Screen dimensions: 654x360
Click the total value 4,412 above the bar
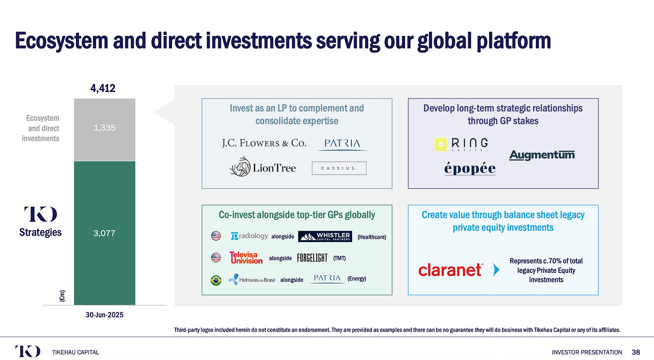(103, 88)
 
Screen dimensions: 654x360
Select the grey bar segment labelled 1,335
(104, 129)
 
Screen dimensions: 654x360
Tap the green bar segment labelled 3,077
(104, 233)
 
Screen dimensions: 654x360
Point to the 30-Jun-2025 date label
(104, 315)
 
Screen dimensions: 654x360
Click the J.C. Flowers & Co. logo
(264, 144)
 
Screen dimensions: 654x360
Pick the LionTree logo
(263, 167)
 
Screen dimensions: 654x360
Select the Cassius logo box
(339, 168)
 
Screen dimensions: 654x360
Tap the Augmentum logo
(542, 155)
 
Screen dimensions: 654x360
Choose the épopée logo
(470, 169)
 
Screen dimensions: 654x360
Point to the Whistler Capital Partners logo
(324, 237)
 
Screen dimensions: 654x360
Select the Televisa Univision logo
(246, 258)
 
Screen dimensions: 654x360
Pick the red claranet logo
(451, 270)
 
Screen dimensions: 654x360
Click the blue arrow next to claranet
(496, 270)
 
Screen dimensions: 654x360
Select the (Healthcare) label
(372, 237)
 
